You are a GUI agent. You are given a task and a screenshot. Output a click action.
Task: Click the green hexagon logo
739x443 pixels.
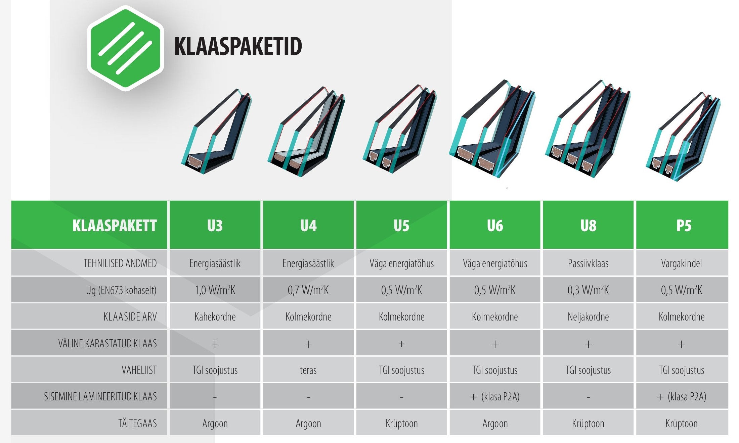[125, 48]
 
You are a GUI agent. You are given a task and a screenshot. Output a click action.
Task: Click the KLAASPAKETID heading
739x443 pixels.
[238, 47]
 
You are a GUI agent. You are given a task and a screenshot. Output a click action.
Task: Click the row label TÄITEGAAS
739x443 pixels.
[137, 423]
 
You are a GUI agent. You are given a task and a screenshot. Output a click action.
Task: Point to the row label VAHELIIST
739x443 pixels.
[139, 370]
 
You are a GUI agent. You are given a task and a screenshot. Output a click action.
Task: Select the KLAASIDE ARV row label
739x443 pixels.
[130, 316]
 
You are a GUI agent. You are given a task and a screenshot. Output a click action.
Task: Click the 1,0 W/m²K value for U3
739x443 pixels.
[215, 290]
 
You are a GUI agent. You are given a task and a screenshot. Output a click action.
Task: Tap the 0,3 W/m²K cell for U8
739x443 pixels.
[588, 290]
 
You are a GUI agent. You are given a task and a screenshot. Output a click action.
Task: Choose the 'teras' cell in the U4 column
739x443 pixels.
[308, 370]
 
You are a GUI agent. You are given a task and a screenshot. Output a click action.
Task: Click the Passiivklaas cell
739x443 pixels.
[588, 263]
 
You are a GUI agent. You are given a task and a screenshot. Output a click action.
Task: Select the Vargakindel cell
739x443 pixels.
[682, 263]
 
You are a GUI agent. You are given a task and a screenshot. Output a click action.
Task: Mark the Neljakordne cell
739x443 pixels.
[588, 316]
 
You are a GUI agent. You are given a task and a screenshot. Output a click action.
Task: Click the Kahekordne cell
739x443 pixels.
[215, 316]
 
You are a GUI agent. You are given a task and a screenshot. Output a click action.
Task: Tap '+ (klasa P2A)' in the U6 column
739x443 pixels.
[495, 397]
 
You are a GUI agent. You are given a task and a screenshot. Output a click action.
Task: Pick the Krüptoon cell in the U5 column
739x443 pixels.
[401, 424]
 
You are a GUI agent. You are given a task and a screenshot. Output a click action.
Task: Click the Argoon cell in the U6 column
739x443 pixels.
[495, 424]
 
